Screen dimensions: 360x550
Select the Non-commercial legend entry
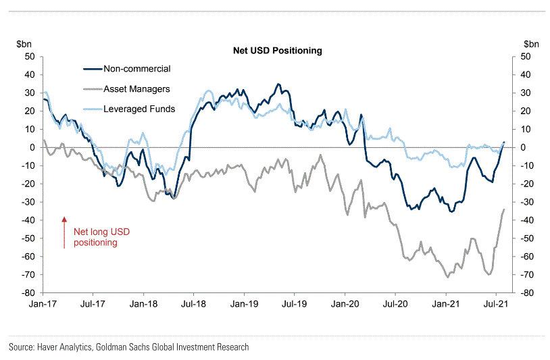tap(136, 68)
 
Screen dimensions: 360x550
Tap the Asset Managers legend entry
tap(136, 88)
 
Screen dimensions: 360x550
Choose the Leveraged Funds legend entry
tap(139, 109)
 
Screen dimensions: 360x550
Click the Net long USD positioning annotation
tap(101, 237)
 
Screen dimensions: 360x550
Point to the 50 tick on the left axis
tap(30, 57)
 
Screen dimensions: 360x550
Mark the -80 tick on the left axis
tap(28, 293)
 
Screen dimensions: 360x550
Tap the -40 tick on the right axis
tap(528, 220)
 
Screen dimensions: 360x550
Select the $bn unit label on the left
tap(24, 43)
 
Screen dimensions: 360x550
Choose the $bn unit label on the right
tap(532, 43)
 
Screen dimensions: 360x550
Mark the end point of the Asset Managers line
tap(504, 209)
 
